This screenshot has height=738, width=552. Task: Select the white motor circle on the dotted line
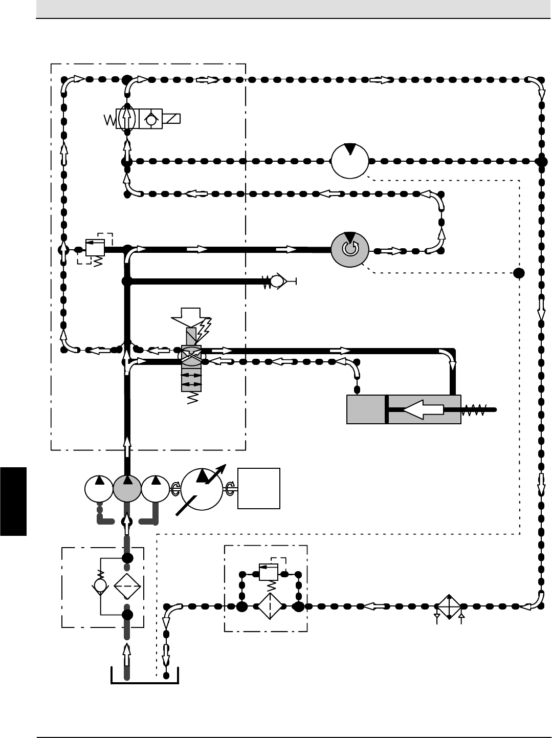(x=350, y=161)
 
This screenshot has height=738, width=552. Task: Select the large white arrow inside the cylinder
(x=424, y=409)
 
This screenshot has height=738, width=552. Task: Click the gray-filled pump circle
(x=127, y=488)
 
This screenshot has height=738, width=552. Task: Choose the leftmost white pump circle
(x=98, y=488)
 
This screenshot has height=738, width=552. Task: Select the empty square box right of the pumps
(x=259, y=488)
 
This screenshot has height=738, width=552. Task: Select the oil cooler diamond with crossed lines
(x=449, y=607)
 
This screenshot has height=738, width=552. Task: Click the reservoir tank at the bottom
(x=145, y=677)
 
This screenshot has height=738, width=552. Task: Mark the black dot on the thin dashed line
(x=520, y=272)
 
